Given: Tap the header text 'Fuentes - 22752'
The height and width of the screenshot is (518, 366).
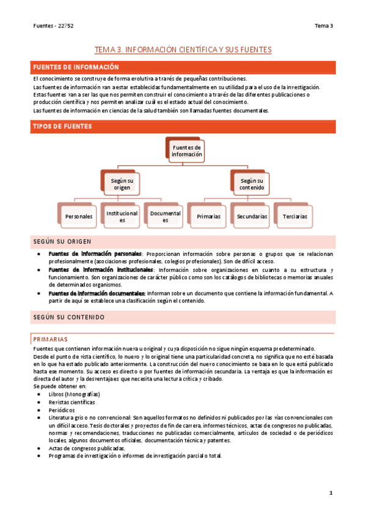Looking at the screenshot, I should [x=53, y=26].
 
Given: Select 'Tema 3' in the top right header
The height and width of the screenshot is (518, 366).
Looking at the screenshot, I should [x=323, y=26].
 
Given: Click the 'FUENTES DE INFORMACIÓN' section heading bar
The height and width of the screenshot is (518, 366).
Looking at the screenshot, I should [x=183, y=67].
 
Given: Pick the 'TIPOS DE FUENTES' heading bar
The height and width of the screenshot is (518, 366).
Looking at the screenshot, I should [x=183, y=126].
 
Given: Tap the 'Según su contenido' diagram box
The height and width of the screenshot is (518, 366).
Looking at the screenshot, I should [x=252, y=184].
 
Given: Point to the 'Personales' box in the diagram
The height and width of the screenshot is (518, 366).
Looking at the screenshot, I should [x=78, y=216].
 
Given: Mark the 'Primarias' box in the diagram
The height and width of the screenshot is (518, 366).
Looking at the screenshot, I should [x=208, y=216].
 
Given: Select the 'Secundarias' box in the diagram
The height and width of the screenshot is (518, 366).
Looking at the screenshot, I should [x=252, y=216].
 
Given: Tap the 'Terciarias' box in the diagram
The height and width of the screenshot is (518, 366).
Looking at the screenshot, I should [x=295, y=216].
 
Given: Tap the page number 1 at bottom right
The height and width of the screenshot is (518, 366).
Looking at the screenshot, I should [x=331, y=492].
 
